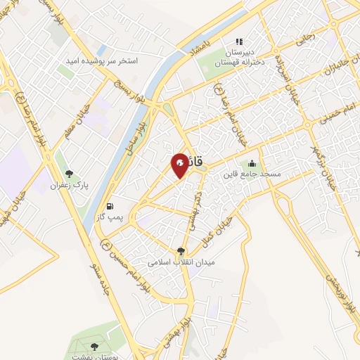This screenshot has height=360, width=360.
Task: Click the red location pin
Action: click(180, 165)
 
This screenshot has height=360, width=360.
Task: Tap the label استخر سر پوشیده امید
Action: click(103, 61)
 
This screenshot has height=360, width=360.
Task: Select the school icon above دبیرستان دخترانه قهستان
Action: click(238, 41)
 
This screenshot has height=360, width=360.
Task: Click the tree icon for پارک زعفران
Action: click(69, 173)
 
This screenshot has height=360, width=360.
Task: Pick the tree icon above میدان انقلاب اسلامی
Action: click(181, 251)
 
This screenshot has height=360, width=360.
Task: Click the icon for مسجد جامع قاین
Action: click(252, 164)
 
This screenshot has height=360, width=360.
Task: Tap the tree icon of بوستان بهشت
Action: click(94, 345)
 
